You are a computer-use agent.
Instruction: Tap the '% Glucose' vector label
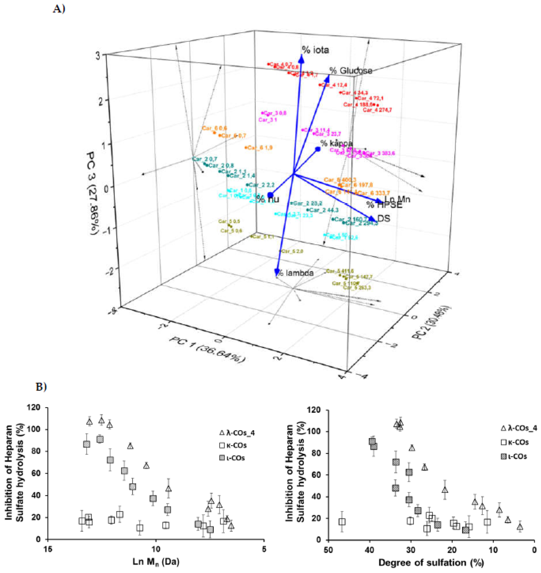tap(351, 71)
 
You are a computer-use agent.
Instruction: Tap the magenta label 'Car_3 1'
tap(268, 120)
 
